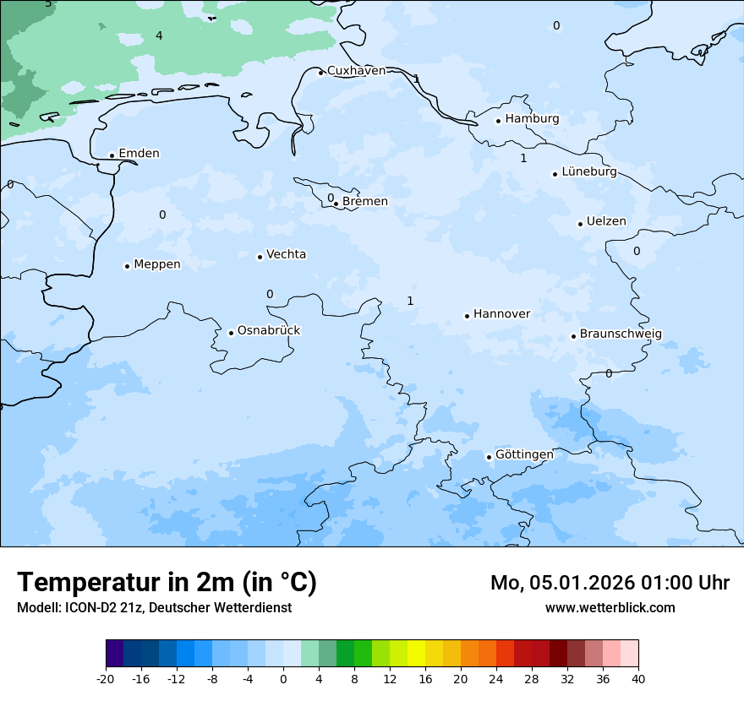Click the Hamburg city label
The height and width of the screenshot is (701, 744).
(x=532, y=119)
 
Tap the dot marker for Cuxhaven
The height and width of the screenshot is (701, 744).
(x=320, y=73)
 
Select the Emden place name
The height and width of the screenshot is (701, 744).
(x=139, y=154)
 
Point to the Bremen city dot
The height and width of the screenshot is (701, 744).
(x=336, y=204)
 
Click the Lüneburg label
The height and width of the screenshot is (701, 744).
(x=588, y=172)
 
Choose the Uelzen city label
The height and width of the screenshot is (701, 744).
(x=606, y=222)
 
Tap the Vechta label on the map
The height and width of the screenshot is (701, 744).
(x=286, y=255)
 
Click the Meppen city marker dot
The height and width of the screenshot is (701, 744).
(x=127, y=266)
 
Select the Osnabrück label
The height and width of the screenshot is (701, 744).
(x=269, y=331)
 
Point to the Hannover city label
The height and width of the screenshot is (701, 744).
(x=501, y=314)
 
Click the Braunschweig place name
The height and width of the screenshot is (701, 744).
(x=621, y=334)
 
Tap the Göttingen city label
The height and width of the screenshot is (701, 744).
(x=524, y=455)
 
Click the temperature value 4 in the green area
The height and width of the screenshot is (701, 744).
(x=159, y=35)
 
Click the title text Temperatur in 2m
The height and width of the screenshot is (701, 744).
(x=167, y=583)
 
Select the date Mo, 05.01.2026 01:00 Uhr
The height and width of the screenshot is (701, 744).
(x=610, y=583)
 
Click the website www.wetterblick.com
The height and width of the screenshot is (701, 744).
(x=610, y=607)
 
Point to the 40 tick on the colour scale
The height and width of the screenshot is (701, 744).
(x=637, y=678)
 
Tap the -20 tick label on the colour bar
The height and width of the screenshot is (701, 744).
(x=106, y=678)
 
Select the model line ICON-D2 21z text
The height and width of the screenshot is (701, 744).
(x=154, y=607)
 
